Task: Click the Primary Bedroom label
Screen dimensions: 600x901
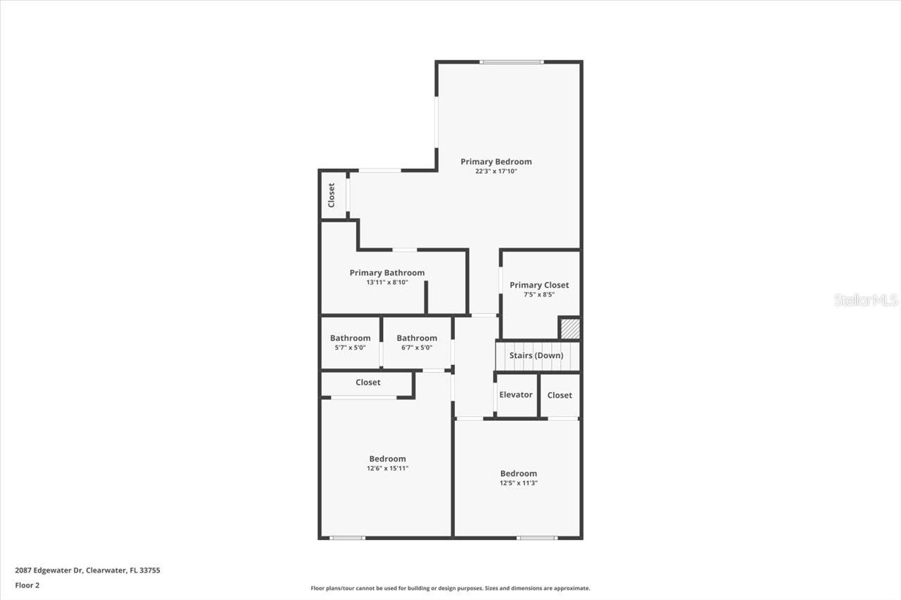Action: pyautogui.click(x=496, y=162)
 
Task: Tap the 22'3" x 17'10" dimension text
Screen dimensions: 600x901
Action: pyautogui.click(x=496, y=171)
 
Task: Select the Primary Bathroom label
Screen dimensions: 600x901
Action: pyautogui.click(x=387, y=273)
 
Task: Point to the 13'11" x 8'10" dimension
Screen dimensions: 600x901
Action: pyautogui.click(x=387, y=282)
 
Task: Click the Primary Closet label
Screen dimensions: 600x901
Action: pyautogui.click(x=539, y=285)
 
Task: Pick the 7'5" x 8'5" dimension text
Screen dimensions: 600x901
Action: pyautogui.click(x=539, y=295)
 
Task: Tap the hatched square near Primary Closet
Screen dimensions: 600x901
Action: pyautogui.click(x=569, y=328)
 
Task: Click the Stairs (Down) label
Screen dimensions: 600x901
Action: pyautogui.click(x=536, y=355)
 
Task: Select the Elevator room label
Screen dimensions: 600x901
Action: pyautogui.click(x=516, y=395)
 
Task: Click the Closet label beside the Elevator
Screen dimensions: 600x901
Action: pyautogui.click(x=560, y=395)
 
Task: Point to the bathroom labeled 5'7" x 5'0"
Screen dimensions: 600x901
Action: pyautogui.click(x=350, y=343)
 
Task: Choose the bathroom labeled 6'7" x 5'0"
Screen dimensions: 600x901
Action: pyautogui.click(x=417, y=343)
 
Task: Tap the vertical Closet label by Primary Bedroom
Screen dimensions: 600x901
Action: pyautogui.click(x=332, y=195)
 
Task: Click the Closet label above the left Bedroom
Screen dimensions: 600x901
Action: pyautogui.click(x=367, y=383)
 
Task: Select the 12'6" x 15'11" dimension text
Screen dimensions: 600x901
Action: pyautogui.click(x=387, y=468)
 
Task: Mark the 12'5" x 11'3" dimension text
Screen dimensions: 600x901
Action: pyautogui.click(x=518, y=483)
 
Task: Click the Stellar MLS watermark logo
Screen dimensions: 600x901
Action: pyautogui.click(x=866, y=300)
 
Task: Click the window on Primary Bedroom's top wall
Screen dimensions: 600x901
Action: pyautogui.click(x=511, y=62)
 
